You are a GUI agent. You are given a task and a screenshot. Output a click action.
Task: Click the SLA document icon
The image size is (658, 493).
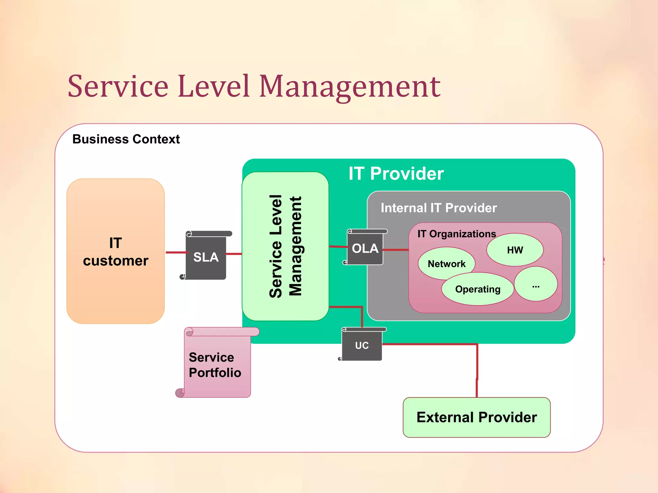[x=206, y=257]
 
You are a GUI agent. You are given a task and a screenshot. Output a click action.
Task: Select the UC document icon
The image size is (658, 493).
[x=362, y=345]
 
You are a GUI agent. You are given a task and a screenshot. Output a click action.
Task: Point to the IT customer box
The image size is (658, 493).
[x=116, y=251]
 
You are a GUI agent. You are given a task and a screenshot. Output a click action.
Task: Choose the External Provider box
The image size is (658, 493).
[x=476, y=417]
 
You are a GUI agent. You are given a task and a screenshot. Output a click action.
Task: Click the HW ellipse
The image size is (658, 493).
[x=515, y=250]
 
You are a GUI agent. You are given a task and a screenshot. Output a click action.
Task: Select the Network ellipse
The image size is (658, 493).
[x=446, y=264]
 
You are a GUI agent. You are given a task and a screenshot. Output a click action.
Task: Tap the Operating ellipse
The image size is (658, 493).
[x=478, y=289]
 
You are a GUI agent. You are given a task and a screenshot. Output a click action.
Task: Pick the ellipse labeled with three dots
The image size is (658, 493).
[x=536, y=284]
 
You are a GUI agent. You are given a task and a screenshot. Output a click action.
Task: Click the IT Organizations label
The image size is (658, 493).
[x=457, y=234]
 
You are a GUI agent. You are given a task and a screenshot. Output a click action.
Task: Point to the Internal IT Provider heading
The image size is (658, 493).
[x=439, y=208]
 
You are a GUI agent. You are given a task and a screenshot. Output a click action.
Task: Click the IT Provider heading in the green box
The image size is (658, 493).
[x=396, y=174]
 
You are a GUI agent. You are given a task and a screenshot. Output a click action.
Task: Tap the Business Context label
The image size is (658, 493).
[x=126, y=139]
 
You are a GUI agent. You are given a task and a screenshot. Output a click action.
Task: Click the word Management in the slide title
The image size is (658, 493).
[x=350, y=87]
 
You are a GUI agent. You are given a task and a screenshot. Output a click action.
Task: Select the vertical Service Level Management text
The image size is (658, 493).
[x=285, y=246]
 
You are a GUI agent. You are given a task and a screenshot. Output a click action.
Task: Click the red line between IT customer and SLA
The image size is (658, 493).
[x=176, y=253]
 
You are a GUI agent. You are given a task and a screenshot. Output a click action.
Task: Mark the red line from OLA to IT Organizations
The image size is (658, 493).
[x=396, y=249]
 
